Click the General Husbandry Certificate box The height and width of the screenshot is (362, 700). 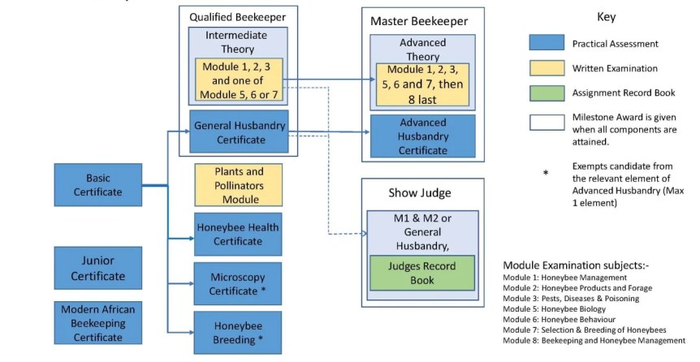pyautogui.click(x=238, y=132)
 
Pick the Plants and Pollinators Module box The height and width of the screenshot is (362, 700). pyautogui.click(x=238, y=184)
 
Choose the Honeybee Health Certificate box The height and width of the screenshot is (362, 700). pyautogui.click(x=238, y=235)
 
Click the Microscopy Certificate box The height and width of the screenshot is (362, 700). pyautogui.click(x=238, y=283)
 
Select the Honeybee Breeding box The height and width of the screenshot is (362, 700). pyautogui.click(x=238, y=332)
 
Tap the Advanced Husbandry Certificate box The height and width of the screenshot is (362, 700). pyautogui.click(x=422, y=136)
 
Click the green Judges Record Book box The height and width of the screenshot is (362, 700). pyautogui.click(x=422, y=273)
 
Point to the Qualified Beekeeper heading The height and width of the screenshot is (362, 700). pyautogui.click(x=238, y=16)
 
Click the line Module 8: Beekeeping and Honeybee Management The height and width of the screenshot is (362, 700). pyautogui.click(x=594, y=340)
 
